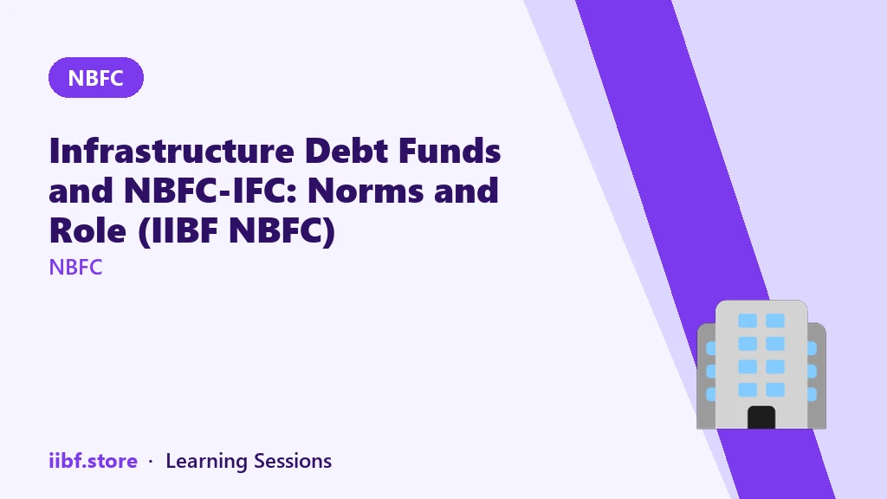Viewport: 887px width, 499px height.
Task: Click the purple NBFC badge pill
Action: [96, 77]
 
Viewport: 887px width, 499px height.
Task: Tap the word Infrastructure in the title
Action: [172, 151]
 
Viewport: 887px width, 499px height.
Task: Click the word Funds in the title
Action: [450, 151]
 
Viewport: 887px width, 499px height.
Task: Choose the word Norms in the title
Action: [365, 191]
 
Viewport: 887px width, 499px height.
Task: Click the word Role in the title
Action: [87, 230]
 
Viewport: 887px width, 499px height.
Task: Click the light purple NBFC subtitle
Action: [76, 267]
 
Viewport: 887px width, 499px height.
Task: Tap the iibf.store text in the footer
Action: [94, 461]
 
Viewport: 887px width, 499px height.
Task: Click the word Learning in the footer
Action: [206, 462]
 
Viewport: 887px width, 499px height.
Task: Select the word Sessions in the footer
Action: [293, 461]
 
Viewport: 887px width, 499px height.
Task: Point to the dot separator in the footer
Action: [151, 462]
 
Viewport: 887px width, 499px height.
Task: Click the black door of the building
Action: [761, 418]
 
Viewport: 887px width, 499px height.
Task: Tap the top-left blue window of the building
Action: [748, 321]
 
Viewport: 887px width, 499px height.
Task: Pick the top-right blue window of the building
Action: [775, 321]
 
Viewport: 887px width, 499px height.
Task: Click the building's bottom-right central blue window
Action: [775, 389]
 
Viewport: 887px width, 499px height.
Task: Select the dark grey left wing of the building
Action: [707, 376]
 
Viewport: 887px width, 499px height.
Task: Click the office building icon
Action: [761, 365]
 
